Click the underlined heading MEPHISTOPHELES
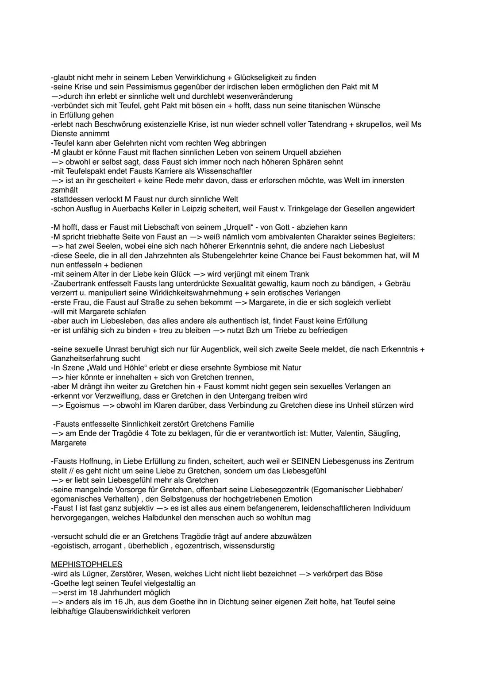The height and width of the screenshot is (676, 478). coord(86,564)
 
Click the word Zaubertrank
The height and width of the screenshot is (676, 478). coord(73,283)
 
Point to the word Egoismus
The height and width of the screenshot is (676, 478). coord(82,405)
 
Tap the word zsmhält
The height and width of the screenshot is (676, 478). coord(65,190)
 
